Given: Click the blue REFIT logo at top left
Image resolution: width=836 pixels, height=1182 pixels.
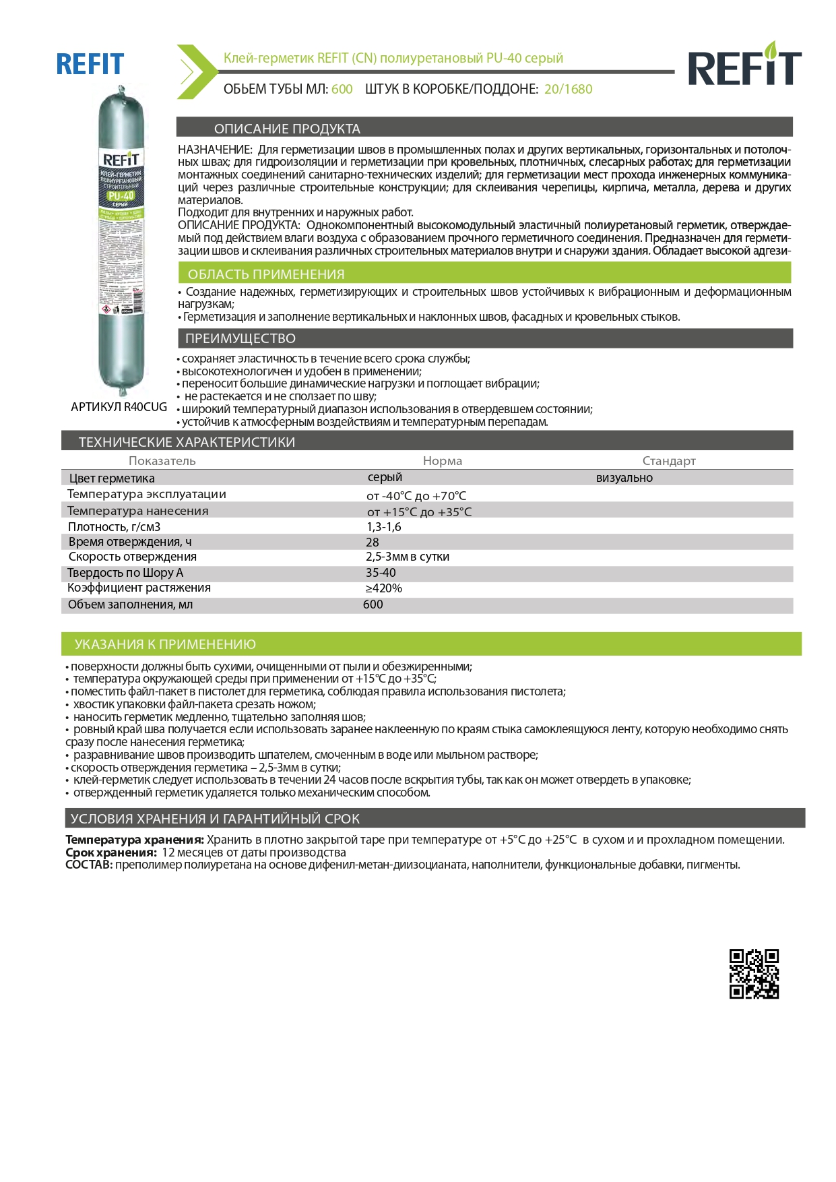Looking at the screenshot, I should pos(90,65).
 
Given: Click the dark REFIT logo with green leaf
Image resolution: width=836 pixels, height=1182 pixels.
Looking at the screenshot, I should pos(744,65).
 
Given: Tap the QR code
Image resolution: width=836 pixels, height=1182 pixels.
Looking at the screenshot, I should pos(754,974).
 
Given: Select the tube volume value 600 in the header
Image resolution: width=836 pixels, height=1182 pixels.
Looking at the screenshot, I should pos(342,89).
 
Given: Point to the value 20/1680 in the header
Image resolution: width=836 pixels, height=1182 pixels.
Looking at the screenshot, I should pos(568,89).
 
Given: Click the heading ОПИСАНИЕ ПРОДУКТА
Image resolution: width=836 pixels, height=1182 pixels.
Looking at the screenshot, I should pos(287,129).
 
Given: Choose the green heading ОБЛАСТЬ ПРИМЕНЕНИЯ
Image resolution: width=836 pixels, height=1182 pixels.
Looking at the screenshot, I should pos(265,274).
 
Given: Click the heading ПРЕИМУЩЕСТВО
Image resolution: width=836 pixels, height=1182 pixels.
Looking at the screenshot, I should pos(240,338).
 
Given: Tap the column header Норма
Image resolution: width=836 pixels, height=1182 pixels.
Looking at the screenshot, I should pos(442,461).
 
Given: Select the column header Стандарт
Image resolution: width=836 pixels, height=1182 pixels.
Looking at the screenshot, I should pos(668,461).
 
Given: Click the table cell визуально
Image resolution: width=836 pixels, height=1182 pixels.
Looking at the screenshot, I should pos(624,478).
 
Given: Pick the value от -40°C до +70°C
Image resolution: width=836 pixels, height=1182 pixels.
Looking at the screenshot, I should pos(416,496).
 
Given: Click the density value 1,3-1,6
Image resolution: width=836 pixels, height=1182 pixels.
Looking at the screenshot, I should pos(383,527).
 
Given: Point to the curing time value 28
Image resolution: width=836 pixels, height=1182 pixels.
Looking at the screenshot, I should pos(372,542).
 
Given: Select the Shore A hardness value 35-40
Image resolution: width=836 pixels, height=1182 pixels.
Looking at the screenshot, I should pos(381,573).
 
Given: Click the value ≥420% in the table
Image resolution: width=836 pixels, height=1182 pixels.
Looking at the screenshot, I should pos(383,588).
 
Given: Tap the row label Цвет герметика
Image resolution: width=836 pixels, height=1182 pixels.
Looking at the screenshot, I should pos(111,478).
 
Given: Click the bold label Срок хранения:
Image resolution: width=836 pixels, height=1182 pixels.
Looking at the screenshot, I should pos(111,852).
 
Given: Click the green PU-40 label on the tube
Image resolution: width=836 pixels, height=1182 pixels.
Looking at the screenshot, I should pos(121,196).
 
